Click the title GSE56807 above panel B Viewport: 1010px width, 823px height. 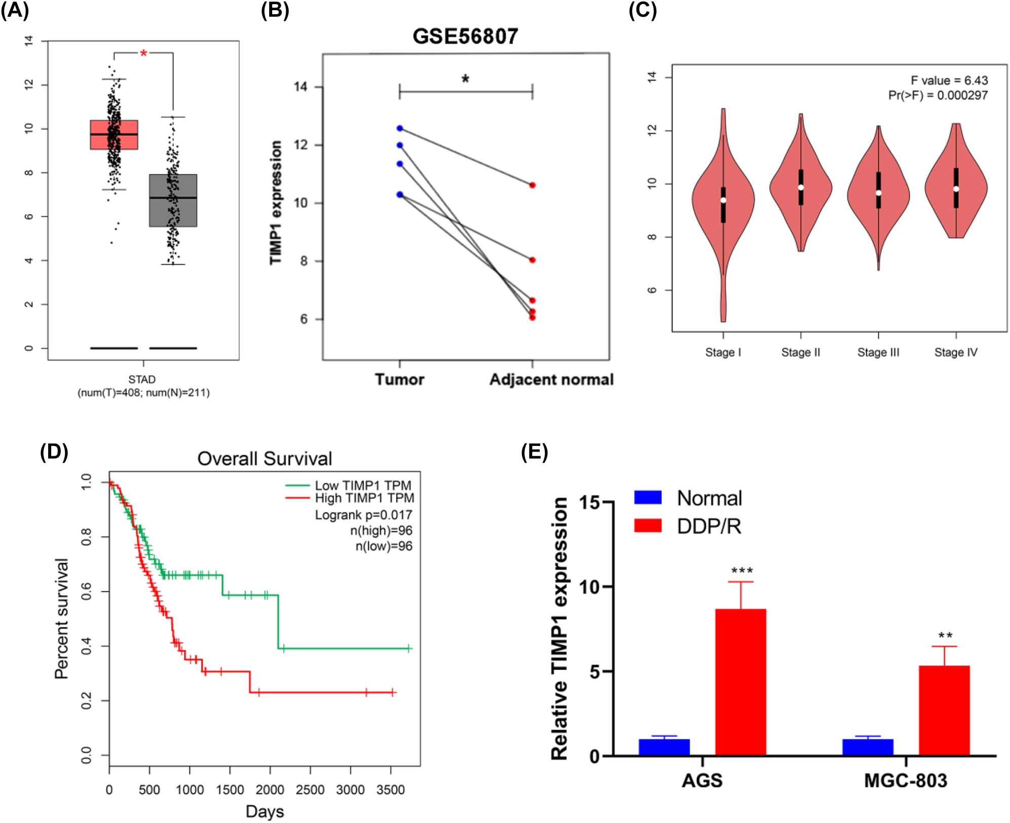click(x=465, y=36)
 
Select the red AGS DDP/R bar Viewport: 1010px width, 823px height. click(x=740, y=682)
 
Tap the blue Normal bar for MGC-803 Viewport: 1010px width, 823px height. click(x=868, y=747)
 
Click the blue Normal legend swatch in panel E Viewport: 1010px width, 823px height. click(x=648, y=497)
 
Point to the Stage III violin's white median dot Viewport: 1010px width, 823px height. click(x=878, y=193)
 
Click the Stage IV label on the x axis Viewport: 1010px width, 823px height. click(x=956, y=352)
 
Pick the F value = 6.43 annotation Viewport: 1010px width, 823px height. click(x=949, y=81)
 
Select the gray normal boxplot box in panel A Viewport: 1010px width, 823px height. click(x=173, y=201)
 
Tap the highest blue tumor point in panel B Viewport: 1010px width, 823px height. click(x=400, y=128)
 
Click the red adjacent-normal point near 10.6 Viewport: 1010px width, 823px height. click(x=532, y=185)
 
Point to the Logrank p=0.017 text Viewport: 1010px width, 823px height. click(x=363, y=515)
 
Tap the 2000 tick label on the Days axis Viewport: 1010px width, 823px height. click(x=270, y=790)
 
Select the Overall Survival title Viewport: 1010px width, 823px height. click(x=265, y=459)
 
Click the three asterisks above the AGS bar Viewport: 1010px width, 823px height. click(x=741, y=571)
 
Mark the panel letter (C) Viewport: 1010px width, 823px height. click(x=643, y=10)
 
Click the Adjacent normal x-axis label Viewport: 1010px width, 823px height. click(x=551, y=380)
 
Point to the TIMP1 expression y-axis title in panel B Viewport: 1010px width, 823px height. click(x=276, y=203)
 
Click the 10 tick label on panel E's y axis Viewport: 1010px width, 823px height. click(x=589, y=587)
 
